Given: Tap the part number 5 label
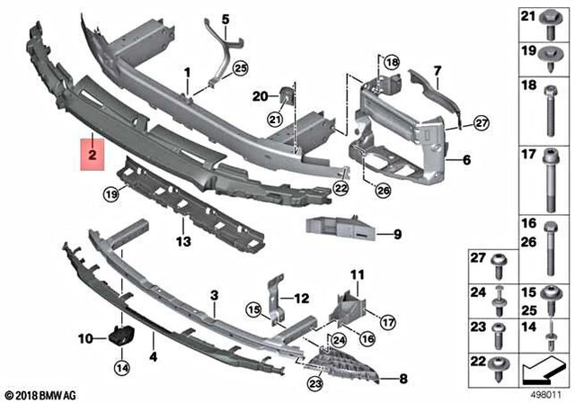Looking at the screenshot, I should [x=226, y=18].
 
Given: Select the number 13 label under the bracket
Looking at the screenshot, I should [x=182, y=242].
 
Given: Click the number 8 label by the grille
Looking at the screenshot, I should [x=403, y=377].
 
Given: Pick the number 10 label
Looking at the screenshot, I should [x=86, y=338].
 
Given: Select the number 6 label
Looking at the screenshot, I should [x=467, y=162].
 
